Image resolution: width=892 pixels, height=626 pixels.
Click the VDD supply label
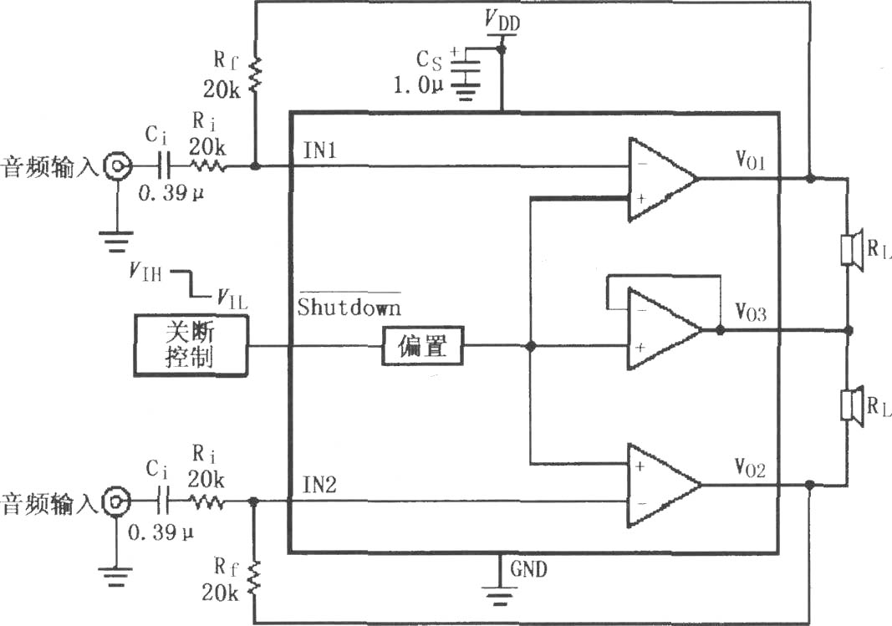point(502,20)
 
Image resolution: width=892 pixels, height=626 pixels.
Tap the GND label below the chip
point(528,569)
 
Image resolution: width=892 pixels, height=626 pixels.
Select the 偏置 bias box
point(423,346)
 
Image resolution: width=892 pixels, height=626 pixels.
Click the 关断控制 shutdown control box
point(191,345)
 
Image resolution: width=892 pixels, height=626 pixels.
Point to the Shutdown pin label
point(349,306)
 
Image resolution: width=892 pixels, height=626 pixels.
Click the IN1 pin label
point(319,150)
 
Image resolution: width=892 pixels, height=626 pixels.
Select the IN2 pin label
point(319,485)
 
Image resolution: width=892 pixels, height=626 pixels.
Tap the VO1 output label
point(751,160)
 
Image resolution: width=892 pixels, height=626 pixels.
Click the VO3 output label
point(751,312)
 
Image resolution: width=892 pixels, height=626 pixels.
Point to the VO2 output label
point(751,468)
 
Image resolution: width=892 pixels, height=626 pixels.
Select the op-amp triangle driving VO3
point(664,329)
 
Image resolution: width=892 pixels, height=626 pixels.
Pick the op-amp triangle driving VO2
point(664,485)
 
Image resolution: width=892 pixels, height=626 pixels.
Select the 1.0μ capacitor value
point(418,85)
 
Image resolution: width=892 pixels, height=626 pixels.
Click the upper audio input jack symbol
point(117,166)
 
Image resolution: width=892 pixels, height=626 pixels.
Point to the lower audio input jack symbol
point(116,501)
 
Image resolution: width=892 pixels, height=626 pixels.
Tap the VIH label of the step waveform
point(145,272)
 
